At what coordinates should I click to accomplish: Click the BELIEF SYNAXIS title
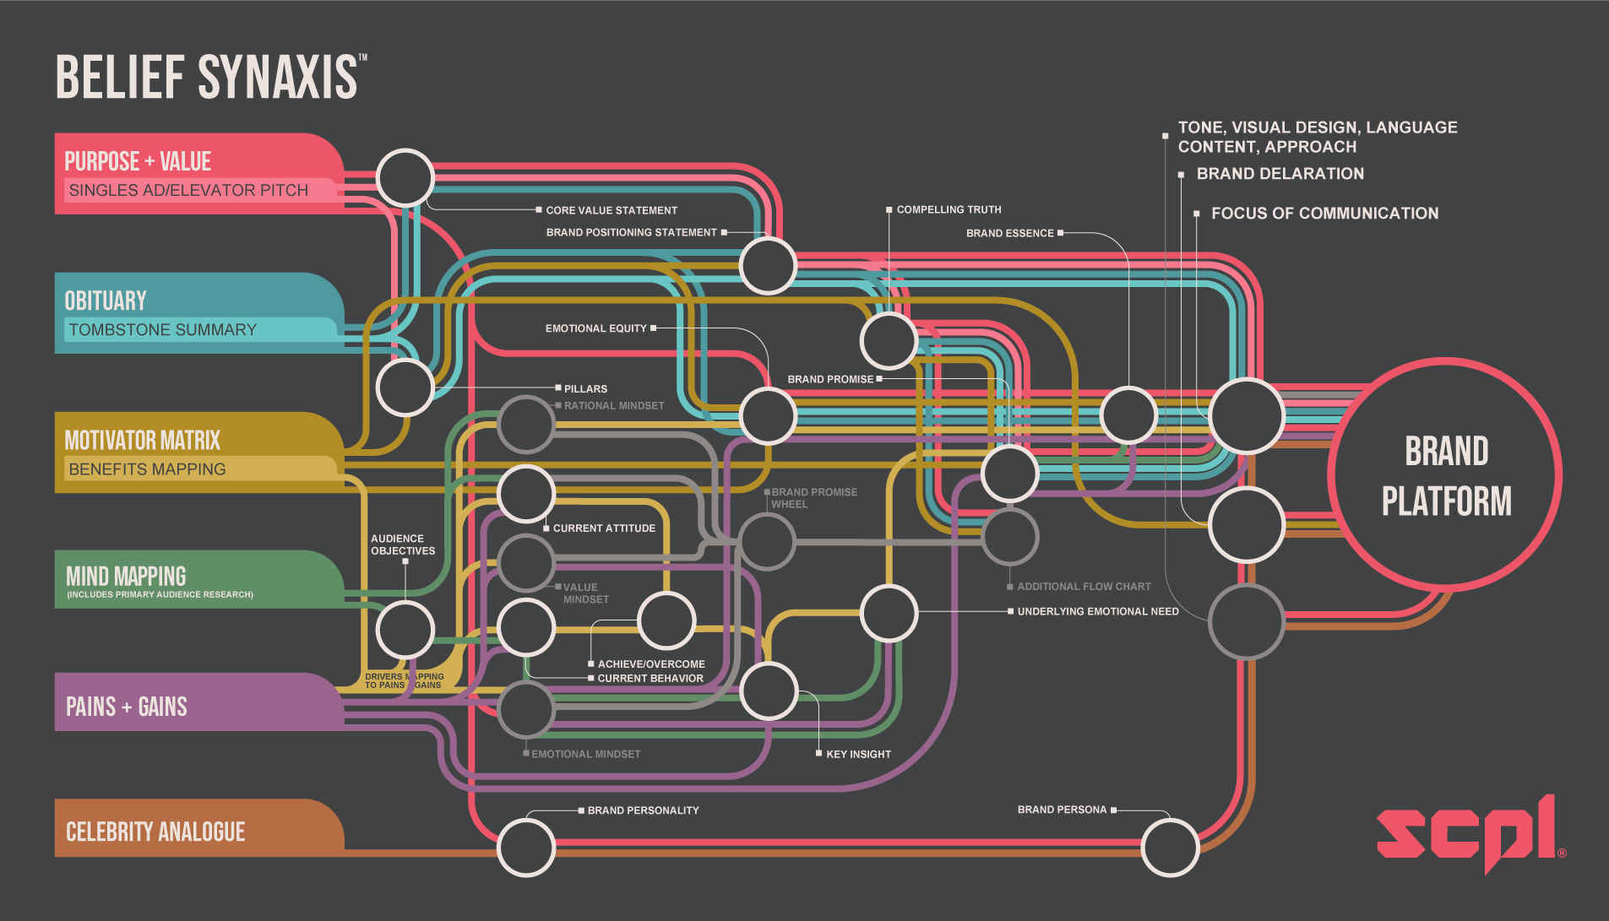point(207,77)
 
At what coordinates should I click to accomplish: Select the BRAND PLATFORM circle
point(1445,475)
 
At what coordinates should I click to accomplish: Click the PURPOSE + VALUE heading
point(138,161)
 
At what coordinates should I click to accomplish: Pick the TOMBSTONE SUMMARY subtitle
point(162,330)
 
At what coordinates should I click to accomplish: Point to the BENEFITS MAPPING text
point(147,469)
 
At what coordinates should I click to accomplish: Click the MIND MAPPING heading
point(126,577)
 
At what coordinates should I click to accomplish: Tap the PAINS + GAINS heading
point(127,707)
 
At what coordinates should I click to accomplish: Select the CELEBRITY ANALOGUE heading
point(155,832)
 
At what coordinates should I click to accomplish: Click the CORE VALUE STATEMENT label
point(612,210)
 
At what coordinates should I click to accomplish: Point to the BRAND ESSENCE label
point(1009,233)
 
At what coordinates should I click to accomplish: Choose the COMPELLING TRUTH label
point(949,209)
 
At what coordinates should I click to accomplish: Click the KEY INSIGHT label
point(858,754)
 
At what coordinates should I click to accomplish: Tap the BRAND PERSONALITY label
point(643,810)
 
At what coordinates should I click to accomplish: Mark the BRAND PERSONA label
point(1062,810)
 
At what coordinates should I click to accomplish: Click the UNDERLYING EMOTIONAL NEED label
point(1097,611)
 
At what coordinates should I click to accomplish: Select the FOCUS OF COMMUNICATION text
point(1324,214)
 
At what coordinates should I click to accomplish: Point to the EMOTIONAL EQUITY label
point(595,328)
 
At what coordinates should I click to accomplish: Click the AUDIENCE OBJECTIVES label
point(403,544)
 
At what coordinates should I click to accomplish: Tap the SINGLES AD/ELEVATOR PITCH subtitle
point(188,191)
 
